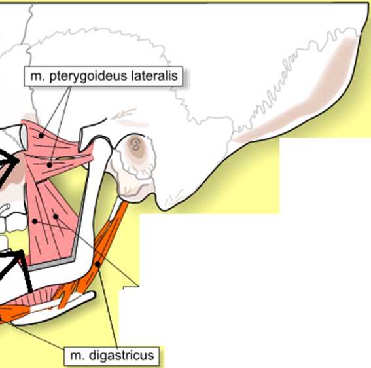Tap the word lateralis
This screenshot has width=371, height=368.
[x=154, y=76]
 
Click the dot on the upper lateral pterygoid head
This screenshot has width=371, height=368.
[x=41, y=136]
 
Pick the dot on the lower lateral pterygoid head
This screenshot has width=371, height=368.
[x=50, y=165]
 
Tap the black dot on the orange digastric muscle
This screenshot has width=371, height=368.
[x=97, y=264]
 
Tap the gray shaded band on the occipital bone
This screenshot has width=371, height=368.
[x=298, y=95]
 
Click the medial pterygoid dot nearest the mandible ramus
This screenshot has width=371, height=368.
[x=56, y=217]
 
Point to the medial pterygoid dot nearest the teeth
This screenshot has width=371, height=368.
[x=35, y=221]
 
